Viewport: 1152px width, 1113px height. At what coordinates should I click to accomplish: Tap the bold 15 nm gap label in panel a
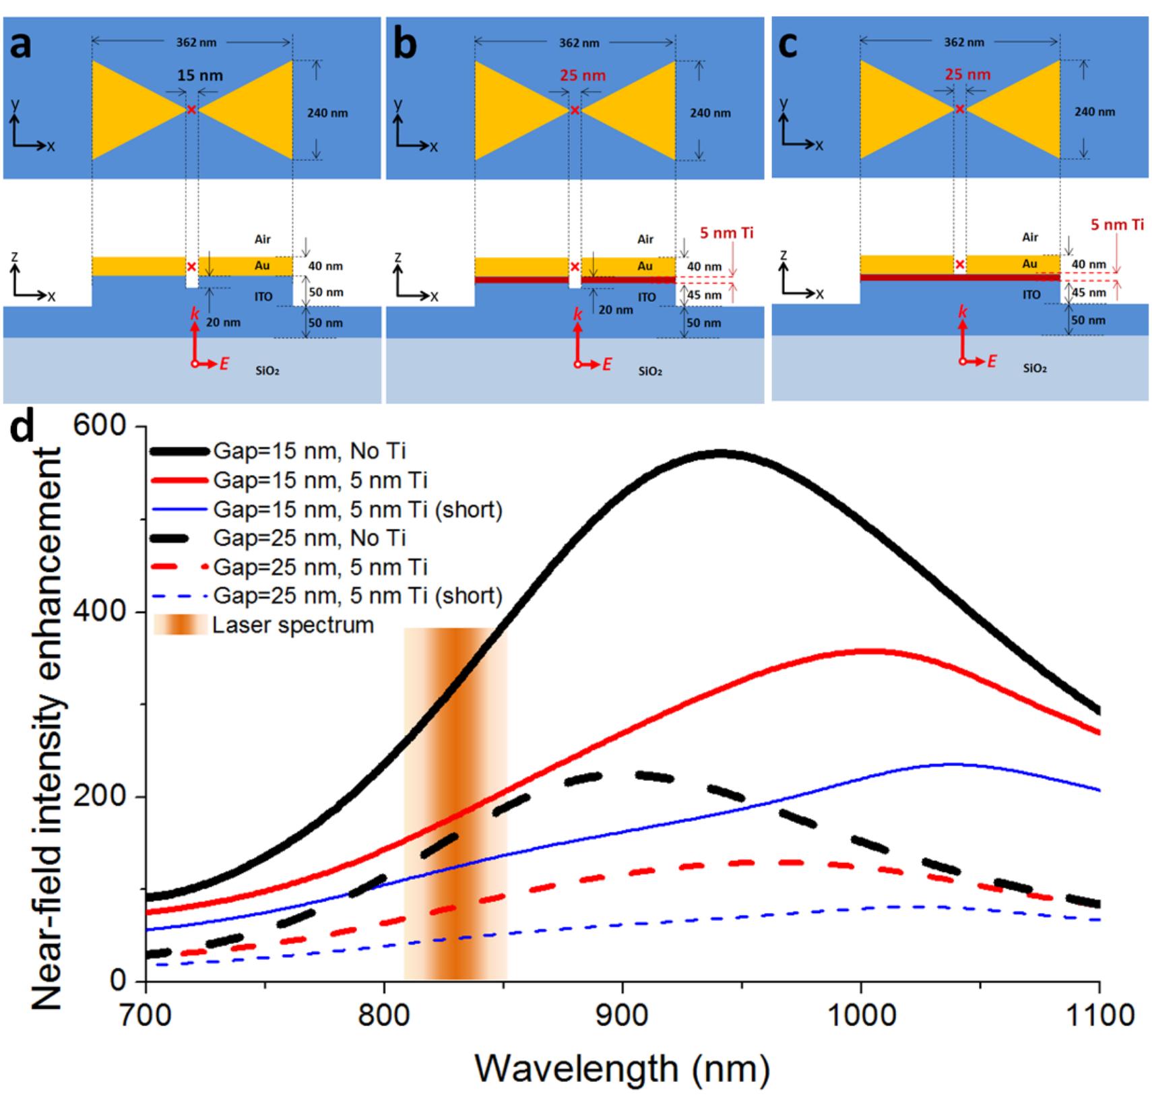199,75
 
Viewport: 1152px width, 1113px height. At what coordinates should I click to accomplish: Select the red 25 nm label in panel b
583,75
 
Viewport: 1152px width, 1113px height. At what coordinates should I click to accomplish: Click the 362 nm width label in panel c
963,42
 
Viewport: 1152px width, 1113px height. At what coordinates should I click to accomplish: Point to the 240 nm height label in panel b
709,113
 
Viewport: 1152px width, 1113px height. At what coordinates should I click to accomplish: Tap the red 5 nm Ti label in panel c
1117,225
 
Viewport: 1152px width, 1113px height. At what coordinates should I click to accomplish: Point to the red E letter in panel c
992,362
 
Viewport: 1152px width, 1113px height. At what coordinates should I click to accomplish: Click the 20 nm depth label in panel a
223,323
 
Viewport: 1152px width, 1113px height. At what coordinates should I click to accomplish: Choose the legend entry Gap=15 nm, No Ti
309,451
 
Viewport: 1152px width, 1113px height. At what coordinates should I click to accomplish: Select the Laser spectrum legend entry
292,625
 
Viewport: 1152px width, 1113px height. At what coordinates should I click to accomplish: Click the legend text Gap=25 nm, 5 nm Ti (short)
358,596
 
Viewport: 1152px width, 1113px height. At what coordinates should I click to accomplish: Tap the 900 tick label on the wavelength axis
622,1015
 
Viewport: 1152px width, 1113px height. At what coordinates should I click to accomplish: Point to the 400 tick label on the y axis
109,612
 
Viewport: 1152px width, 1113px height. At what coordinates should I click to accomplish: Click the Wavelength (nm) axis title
622,1069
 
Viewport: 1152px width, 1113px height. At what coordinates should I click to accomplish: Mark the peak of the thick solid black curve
719,453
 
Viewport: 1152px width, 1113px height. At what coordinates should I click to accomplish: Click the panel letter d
20,426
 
